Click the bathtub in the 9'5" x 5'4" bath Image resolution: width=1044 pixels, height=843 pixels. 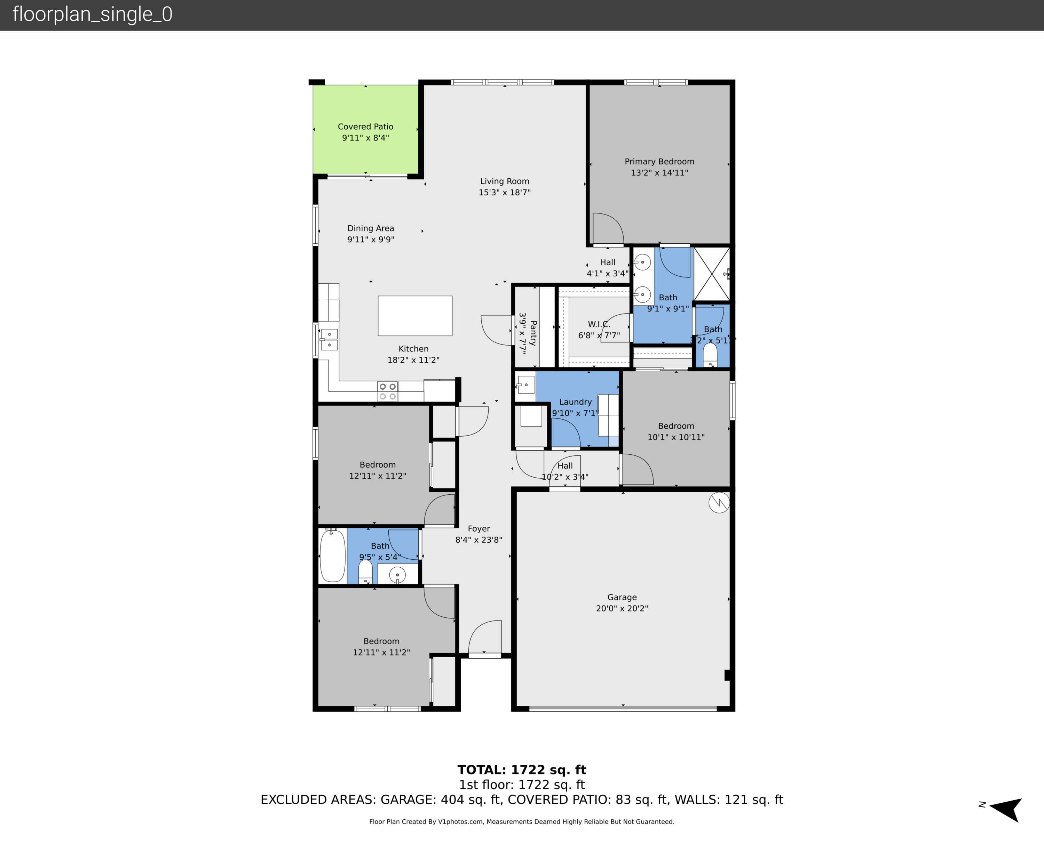pos(332,556)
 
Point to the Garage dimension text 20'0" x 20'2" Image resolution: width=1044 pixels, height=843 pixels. pos(622,608)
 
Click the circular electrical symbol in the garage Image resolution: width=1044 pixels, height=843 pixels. pos(719,503)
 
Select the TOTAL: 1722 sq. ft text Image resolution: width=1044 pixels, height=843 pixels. pos(522,770)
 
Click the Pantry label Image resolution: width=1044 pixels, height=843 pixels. pos(533,333)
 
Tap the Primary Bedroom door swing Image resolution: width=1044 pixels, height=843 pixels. pos(608,228)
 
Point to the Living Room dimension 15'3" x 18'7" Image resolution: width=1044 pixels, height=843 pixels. pos(505,192)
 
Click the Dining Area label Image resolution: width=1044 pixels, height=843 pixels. pos(370,228)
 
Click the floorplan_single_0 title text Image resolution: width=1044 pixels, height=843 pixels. pos(92,15)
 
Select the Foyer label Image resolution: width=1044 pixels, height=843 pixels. pos(479,529)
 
